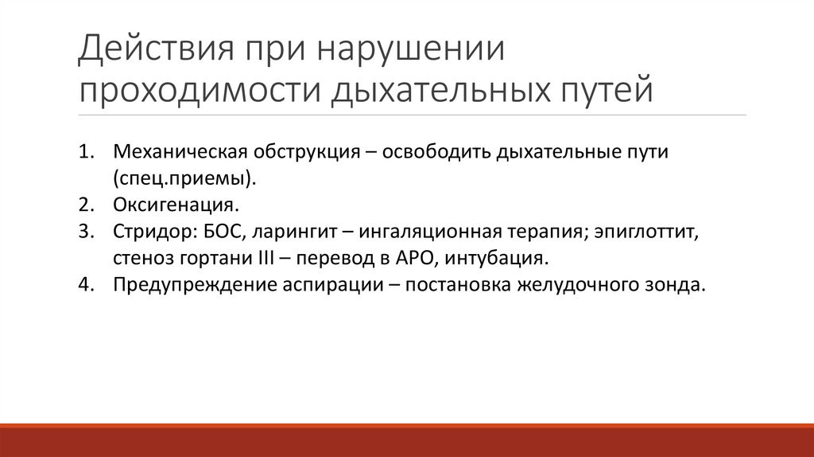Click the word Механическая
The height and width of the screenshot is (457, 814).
pos(179,151)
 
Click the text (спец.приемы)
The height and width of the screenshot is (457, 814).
pos(184,178)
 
